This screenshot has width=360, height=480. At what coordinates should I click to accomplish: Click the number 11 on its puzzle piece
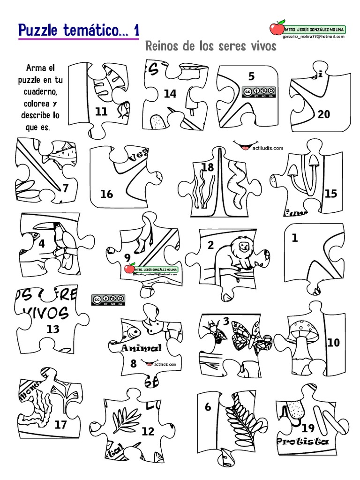click(x=101, y=112)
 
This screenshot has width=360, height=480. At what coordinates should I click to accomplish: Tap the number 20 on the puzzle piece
click(x=324, y=114)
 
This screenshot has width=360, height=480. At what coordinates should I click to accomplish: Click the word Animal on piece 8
click(x=142, y=348)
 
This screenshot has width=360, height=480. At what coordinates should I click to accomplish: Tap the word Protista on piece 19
click(x=302, y=442)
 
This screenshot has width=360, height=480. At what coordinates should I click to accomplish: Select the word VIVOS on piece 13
click(x=46, y=313)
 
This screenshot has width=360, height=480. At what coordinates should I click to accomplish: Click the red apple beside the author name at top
click(x=277, y=28)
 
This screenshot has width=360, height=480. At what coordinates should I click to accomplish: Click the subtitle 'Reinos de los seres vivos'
click(x=211, y=47)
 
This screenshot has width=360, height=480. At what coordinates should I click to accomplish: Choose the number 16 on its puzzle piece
click(x=107, y=194)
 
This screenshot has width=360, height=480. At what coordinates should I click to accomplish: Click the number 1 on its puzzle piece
click(x=295, y=238)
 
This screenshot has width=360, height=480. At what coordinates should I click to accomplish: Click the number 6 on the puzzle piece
click(x=208, y=407)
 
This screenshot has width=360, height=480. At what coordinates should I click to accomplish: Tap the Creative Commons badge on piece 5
click(x=258, y=92)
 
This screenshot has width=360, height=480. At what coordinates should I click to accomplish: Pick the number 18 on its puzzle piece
click(x=207, y=167)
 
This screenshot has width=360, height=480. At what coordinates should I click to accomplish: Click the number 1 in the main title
click(x=136, y=31)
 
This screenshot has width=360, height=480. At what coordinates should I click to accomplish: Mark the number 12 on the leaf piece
click(x=148, y=432)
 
